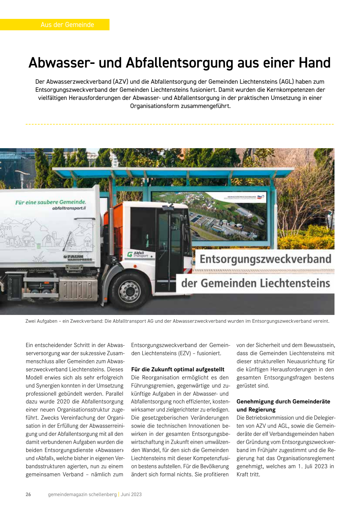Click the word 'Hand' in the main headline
point(314,63)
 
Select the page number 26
point(28,494)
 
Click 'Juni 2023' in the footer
point(131,494)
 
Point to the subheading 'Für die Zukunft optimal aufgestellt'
point(178,369)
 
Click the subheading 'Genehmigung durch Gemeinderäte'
point(283,401)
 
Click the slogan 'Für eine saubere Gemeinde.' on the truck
point(50,202)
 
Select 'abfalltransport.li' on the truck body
point(69,208)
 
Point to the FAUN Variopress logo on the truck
point(78,258)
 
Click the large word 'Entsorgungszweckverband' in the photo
point(265,259)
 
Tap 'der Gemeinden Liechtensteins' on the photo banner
point(256,283)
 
